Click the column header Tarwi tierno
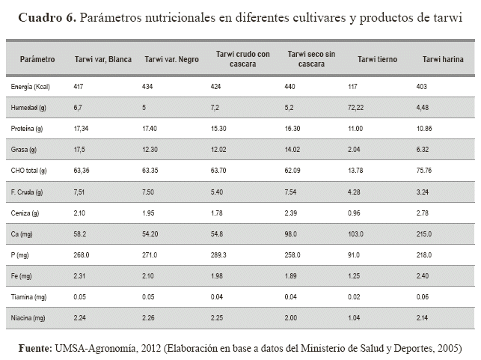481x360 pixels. coord(378,59)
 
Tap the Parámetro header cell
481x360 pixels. coord(37,59)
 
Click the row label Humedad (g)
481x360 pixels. coord(29,108)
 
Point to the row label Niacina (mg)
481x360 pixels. coord(28,317)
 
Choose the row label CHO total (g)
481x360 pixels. coord(29,170)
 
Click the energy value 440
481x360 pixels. coord(293,87)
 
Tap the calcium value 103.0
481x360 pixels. coord(364,234)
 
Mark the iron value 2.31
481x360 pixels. coord(81,275)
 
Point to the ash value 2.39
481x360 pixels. coord(295,213)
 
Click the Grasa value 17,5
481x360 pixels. coord(80,150)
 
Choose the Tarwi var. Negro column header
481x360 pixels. coord(171,59)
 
